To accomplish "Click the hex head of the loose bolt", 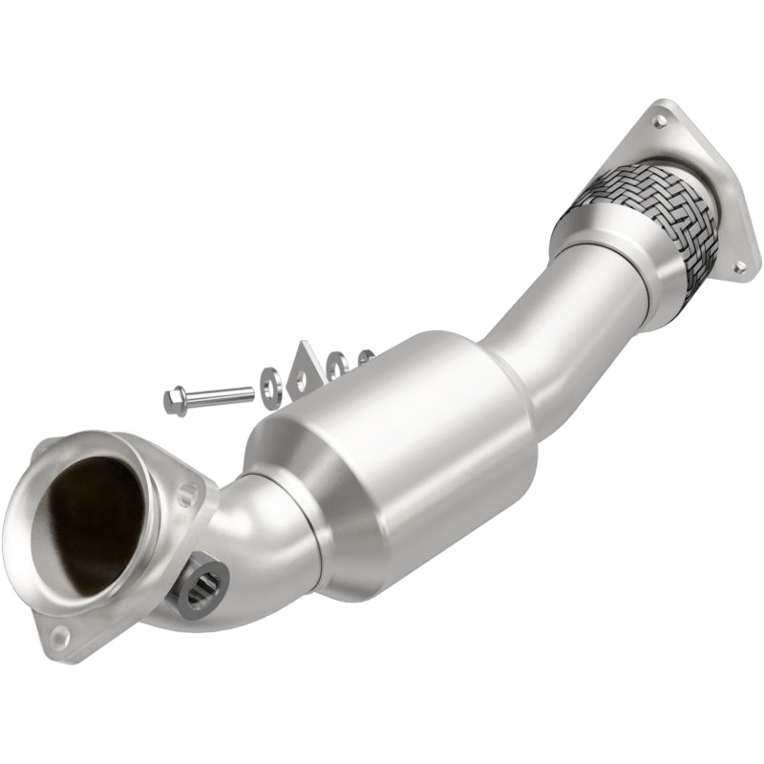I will (x=175, y=399).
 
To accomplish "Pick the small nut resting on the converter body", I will (x=365, y=358).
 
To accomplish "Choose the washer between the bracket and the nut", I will (x=336, y=365).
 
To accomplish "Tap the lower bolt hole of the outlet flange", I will (x=737, y=268).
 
